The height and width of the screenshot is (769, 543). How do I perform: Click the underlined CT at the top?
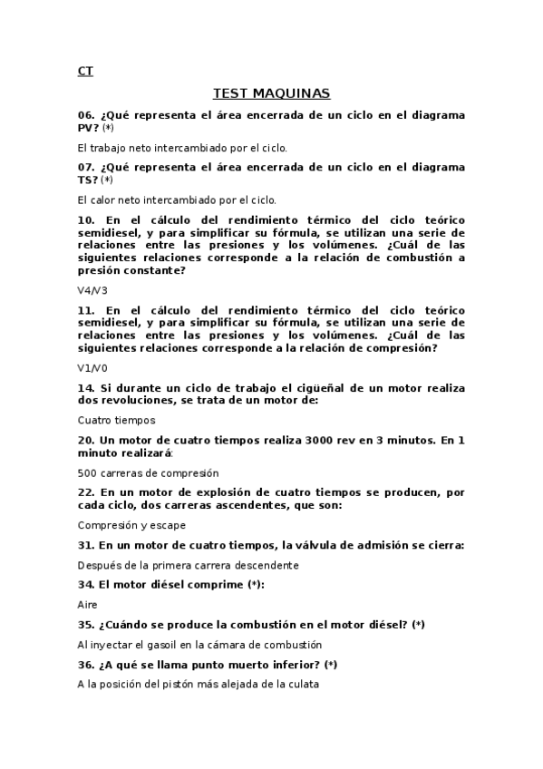point(85,71)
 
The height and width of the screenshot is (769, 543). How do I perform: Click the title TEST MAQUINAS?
point(271,93)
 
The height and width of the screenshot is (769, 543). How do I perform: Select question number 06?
point(86,116)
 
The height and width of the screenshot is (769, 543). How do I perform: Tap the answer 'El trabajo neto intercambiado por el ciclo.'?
point(182,147)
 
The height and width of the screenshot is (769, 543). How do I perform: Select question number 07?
point(86,168)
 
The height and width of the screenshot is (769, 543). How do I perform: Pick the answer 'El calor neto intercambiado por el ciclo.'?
point(177,200)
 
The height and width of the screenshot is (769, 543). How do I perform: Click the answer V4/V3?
point(92,290)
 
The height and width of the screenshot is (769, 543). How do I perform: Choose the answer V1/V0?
point(92,368)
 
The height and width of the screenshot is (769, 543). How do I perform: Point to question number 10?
point(86,220)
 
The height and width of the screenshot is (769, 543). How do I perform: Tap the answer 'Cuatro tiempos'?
point(117,421)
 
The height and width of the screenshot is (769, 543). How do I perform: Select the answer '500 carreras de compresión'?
point(148,472)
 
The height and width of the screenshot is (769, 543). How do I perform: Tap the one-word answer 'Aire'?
point(88,604)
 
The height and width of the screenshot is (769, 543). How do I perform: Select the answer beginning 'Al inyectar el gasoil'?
point(199,645)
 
